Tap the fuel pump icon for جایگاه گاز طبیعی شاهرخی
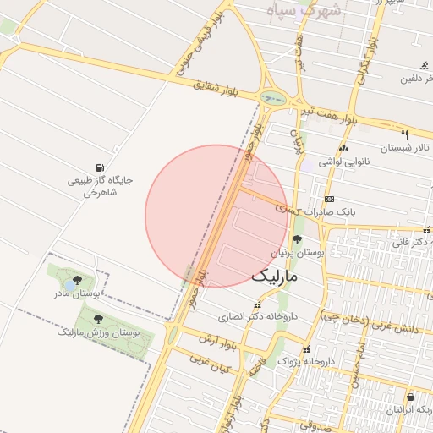pyautogui.click(x=101, y=167)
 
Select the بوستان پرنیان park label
pyautogui.click(x=298, y=253)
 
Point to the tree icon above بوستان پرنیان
pyautogui.click(x=295, y=240)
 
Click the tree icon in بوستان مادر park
pyautogui.click(x=78, y=279)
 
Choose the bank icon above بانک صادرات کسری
pyautogui.click(x=328, y=198)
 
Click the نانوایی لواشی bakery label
pyautogui.click(x=342, y=160)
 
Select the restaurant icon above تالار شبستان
pyautogui.click(x=404, y=134)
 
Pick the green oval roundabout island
pyautogui.click(x=273, y=98)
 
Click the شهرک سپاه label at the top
pyautogui.click(x=301, y=11)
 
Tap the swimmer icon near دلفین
pyautogui.click(x=424, y=65)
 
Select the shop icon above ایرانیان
pyautogui.click(x=410, y=397)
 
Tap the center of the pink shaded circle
pyautogui.click(x=216, y=216)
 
